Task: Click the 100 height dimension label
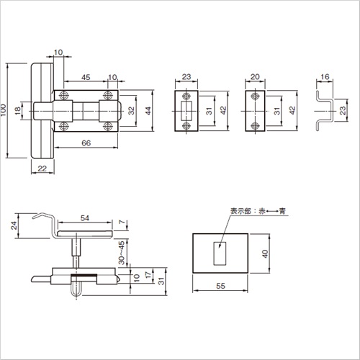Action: (x=3, y=110)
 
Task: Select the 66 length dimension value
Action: (x=86, y=143)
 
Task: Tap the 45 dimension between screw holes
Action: (x=86, y=77)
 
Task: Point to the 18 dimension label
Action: (x=18, y=111)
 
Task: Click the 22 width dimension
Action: (x=42, y=168)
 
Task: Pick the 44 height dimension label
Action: (x=148, y=111)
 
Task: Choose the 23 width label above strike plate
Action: (x=186, y=77)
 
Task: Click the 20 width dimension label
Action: (x=255, y=77)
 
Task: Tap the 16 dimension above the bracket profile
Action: (x=325, y=77)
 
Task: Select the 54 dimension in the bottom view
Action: (x=85, y=218)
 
